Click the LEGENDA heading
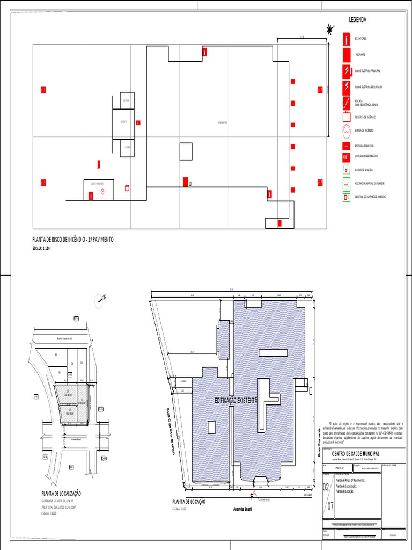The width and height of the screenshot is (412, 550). tap(358, 20)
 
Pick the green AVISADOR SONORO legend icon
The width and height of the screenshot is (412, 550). tap(347, 170)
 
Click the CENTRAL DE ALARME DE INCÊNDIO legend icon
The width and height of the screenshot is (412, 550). tap(347, 197)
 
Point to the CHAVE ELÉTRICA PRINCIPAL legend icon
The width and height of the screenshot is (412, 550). tap(348, 70)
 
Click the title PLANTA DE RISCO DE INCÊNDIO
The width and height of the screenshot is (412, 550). tap(73, 240)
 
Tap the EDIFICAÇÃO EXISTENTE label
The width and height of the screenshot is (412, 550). tap(236, 401)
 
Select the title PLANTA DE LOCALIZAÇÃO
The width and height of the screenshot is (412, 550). tap(61, 493)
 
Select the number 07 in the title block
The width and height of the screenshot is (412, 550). tap(330, 505)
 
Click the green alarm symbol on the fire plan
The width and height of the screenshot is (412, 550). tap(190, 183)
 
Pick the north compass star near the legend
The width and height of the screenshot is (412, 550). tap(329, 31)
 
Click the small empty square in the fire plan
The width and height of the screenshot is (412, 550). tap(186, 151)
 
